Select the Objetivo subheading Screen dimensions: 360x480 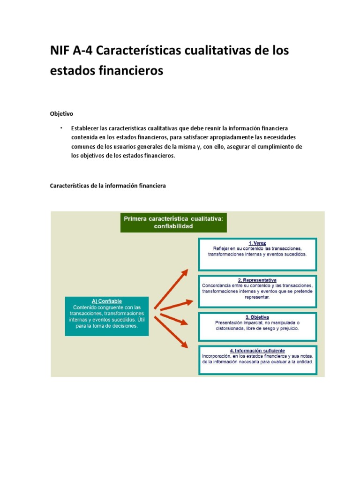61,114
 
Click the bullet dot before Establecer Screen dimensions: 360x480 61,127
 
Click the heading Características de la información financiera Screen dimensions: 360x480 108,186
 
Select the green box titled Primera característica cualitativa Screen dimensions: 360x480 173,222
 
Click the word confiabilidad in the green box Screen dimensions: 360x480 173,226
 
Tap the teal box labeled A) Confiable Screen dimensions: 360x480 106,316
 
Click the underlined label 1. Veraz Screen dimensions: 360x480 257,243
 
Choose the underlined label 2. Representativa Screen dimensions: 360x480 257,279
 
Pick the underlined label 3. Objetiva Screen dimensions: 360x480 257,317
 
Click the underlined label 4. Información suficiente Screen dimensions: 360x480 257,350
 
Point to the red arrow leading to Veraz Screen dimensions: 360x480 171,288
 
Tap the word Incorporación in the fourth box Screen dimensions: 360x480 217,356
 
